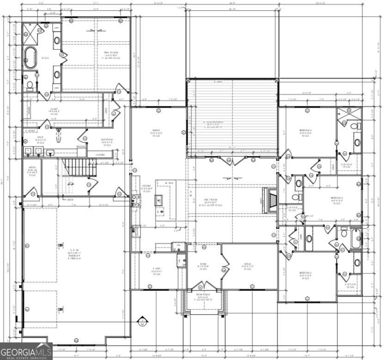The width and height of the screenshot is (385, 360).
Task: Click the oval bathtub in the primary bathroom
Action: (31, 57)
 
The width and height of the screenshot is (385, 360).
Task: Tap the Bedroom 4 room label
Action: (305, 133)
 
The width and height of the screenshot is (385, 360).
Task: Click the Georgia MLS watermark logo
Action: (26, 351)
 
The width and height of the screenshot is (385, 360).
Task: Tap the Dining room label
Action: (155, 133)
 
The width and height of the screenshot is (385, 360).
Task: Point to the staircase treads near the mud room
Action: (79, 168)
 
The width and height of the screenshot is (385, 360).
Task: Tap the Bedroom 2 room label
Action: (305, 275)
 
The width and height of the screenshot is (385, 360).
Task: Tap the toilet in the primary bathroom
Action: (30, 85)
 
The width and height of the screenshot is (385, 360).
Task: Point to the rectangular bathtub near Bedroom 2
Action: (356, 239)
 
